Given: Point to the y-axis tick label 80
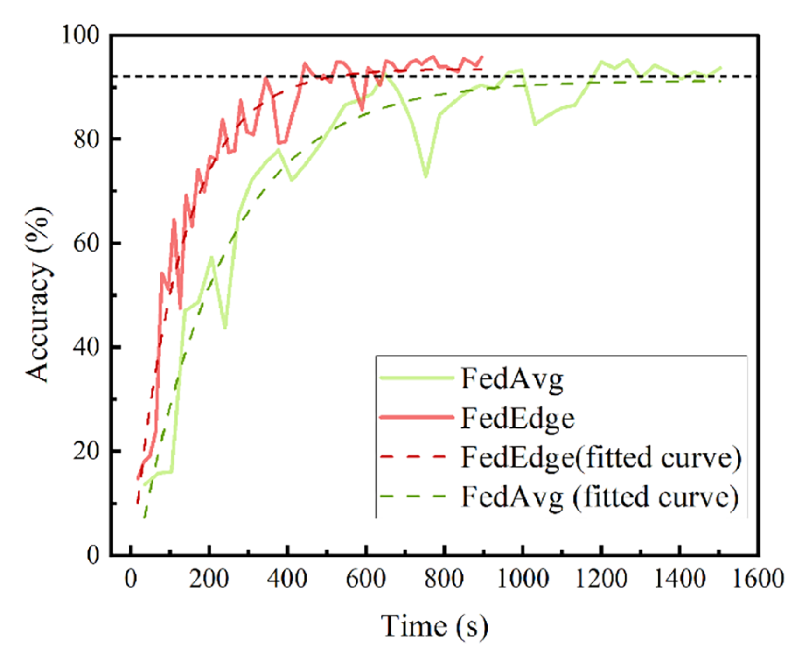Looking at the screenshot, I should [87, 139].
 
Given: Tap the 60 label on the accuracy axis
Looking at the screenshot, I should [87, 243].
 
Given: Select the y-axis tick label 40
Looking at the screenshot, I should [87, 347].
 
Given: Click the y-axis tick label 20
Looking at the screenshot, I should [87, 451].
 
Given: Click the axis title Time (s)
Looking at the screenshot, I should [434, 626].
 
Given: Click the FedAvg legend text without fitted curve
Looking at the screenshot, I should [512, 379].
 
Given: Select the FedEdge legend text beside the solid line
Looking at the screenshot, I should [517, 418].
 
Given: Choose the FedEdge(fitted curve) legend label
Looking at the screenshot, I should [601, 457].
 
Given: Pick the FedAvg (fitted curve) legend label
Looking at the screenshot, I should [600, 497].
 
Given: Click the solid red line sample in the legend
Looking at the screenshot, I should [416, 417].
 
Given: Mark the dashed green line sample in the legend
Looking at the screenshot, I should [413, 496].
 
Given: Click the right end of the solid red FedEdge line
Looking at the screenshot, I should [482, 56].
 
